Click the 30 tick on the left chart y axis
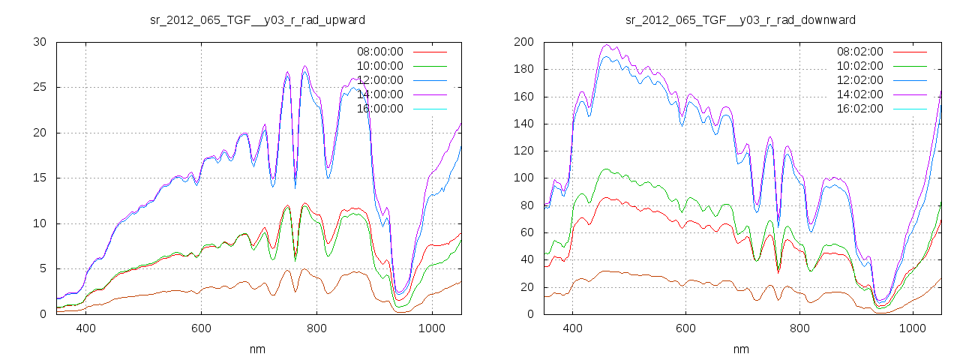[x=40, y=42]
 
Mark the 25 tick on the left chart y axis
[x=40, y=87]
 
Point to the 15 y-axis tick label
[x=40, y=178]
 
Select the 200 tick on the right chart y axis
[x=523, y=42]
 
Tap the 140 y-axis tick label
[x=523, y=124]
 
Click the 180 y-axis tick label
[x=523, y=69]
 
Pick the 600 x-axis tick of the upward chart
[x=201, y=328]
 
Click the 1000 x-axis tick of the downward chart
[x=912, y=328]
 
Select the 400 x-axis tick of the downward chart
[x=572, y=328]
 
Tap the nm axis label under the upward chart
[x=258, y=349]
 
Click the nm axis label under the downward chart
[x=741, y=349]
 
